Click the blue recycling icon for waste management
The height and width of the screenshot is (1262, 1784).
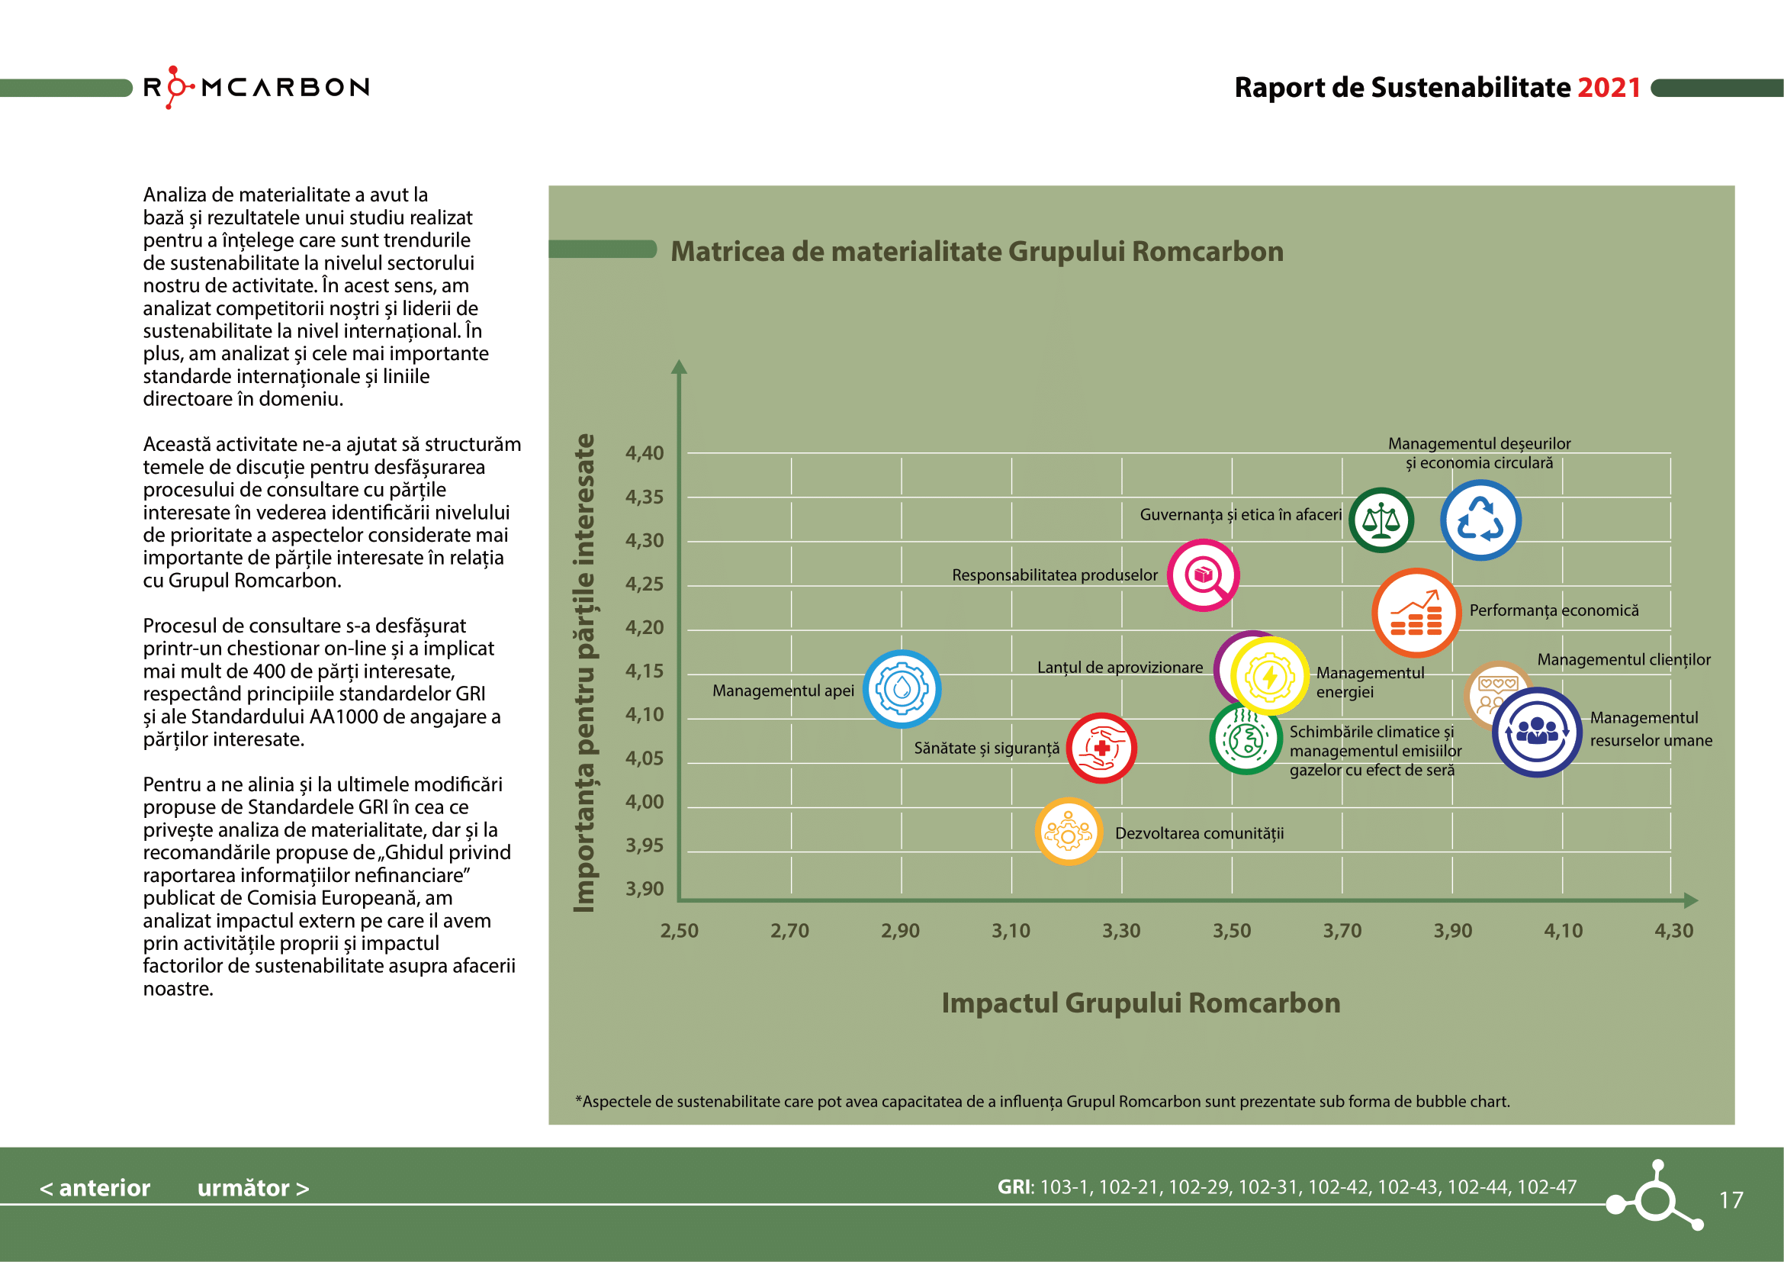coord(1480,520)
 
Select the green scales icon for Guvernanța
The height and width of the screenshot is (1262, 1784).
coord(1381,520)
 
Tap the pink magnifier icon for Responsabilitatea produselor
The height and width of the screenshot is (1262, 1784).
coord(1203,575)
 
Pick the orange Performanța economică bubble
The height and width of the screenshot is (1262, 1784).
coord(1415,613)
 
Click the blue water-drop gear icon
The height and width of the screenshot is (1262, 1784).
coord(902,688)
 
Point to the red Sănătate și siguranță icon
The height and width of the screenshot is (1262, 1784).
coord(1101,748)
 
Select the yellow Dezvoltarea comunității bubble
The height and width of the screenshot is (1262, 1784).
coord(1069,832)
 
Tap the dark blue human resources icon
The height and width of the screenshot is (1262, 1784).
coord(1536,732)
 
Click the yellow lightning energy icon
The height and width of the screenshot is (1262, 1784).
coord(1270,676)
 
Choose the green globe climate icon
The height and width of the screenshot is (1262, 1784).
coord(1246,739)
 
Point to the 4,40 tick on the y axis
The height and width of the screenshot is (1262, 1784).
coord(644,453)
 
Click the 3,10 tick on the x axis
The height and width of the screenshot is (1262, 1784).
coord(1011,930)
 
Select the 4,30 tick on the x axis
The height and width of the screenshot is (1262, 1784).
coord(1673,930)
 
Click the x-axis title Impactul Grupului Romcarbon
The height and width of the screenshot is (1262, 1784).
coord(1140,1003)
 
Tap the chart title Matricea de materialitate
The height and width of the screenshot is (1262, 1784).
coord(977,252)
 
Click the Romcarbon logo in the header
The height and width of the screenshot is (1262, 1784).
coord(256,87)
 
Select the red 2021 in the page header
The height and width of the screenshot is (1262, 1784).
coord(1609,88)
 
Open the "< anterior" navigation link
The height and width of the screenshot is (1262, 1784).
coord(95,1187)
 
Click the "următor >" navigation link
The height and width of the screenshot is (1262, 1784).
coord(253,1187)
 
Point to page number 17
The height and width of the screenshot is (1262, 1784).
coord(1731,1200)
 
